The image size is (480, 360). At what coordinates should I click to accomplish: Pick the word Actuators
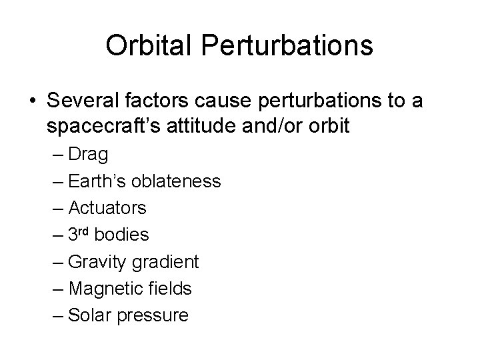(x=107, y=208)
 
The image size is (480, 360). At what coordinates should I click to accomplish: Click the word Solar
(x=91, y=315)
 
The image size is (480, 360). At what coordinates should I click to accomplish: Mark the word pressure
(x=153, y=315)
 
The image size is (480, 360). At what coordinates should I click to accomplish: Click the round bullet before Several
(x=33, y=101)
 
